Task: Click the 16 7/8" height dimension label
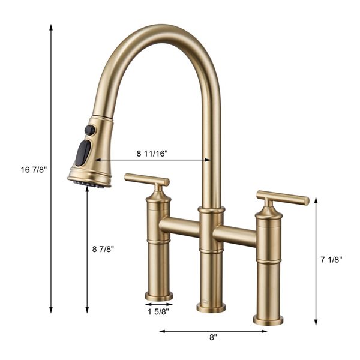(x=34, y=169)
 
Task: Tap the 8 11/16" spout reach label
(x=152, y=154)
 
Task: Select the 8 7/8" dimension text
(x=103, y=248)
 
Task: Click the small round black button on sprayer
(x=89, y=130)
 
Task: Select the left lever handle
(x=146, y=179)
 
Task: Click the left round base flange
(x=158, y=296)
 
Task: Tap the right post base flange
(x=268, y=320)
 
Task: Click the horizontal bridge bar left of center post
(x=179, y=226)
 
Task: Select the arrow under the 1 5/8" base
(x=158, y=304)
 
